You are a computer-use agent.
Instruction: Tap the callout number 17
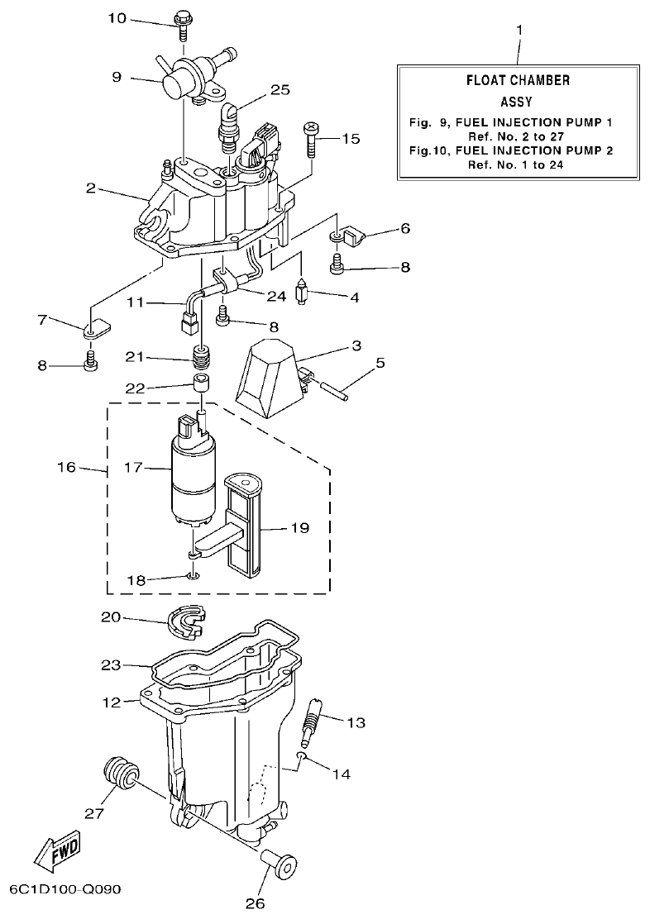point(132,469)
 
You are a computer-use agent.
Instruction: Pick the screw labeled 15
point(312,140)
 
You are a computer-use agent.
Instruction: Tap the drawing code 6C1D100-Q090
point(65,890)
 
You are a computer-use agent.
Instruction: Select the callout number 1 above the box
point(519,31)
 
